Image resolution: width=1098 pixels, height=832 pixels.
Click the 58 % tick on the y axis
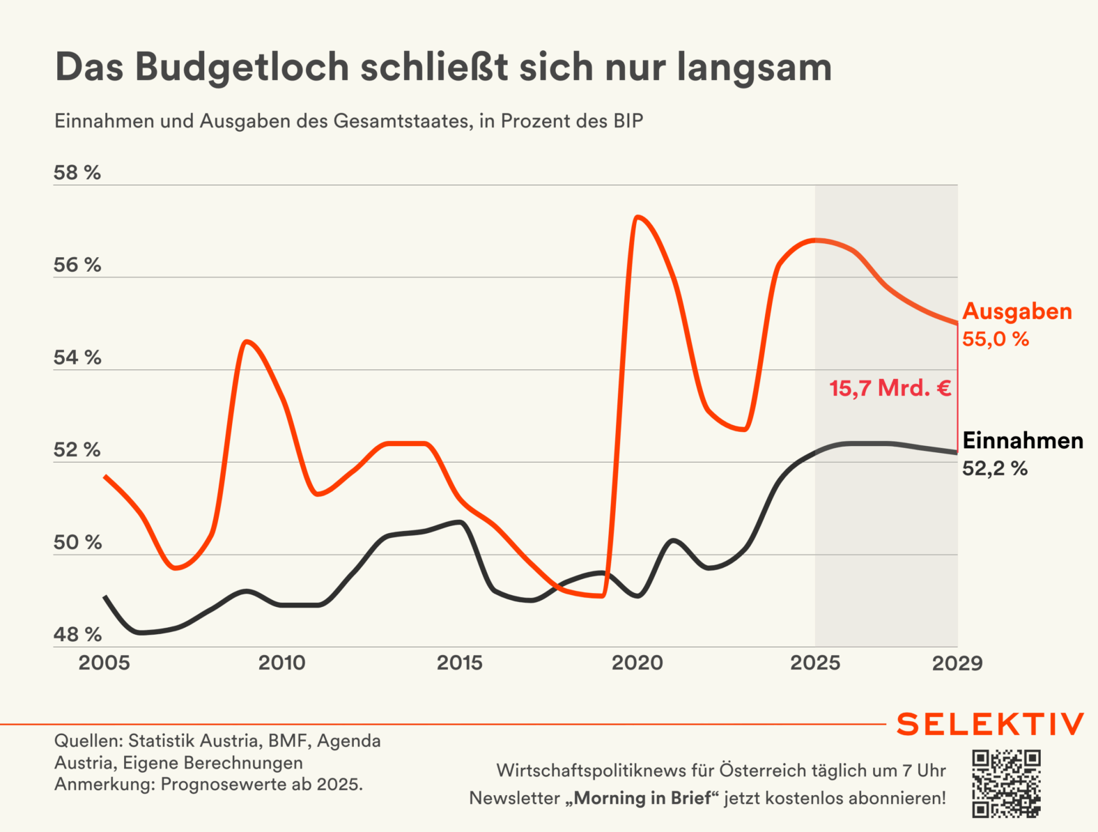click(77, 173)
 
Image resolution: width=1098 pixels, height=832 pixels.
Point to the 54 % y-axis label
click(77, 357)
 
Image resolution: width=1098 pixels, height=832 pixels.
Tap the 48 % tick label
click(77, 634)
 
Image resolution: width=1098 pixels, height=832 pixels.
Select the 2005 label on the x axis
click(104, 663)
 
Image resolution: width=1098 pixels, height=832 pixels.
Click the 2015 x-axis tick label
click(460, 663)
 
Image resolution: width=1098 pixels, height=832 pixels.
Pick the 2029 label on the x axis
click(957, 663)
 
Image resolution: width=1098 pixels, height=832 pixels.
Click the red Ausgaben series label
click(1017, 311)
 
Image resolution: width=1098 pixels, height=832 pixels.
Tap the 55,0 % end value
click(996, 339)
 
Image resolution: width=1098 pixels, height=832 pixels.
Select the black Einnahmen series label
click(1023, 440)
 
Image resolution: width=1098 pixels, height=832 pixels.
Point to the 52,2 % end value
click(995, 468)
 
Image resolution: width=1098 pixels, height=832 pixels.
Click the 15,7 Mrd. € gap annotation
click(890, 388)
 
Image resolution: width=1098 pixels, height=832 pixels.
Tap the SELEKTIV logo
click(990, 724)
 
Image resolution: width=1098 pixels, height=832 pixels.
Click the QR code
click(1007, 783)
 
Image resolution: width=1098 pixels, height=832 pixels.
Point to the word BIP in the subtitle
click(628, 121)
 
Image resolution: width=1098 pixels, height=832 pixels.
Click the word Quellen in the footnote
click(88, 740)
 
